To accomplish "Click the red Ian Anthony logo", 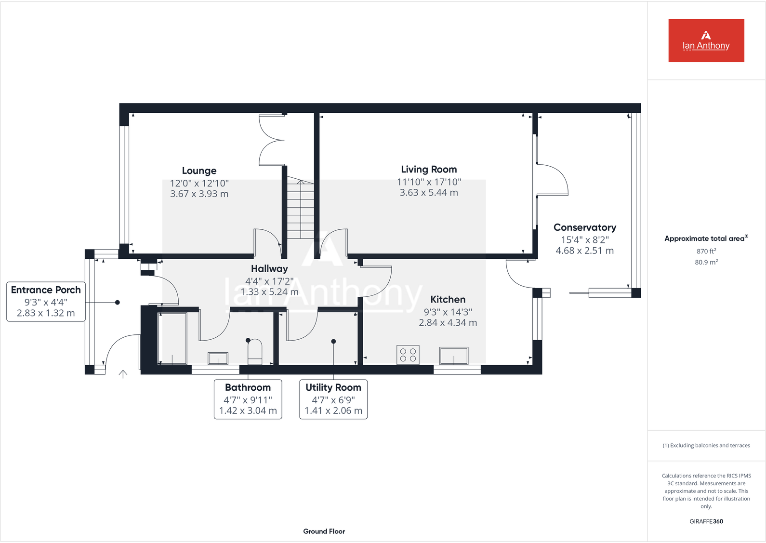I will pyautogui.click(x=706, y=40).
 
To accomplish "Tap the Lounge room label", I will pyautogui.click(x=199, y=171).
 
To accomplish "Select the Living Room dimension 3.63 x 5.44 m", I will pyautogui.click(x=429, y=193).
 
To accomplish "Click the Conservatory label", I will pyautogui.click(x=584, y=227).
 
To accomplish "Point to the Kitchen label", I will pyautogui.click(x=448, y=299).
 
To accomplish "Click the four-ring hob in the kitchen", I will pyautogui.click(x=408, y=355).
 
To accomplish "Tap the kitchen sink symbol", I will pyautogui.click(x=454, y=356).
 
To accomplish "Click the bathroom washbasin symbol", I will pyautogui.click(x=218, y=358).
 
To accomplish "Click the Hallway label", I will pyautogui.click(x=269, y=269).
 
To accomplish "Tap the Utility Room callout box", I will pyautogui.click(x=333, y=399).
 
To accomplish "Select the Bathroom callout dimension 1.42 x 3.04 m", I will pyautogui.click(x=248, y=411).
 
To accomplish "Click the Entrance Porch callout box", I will pyautogui.click(x=46, y=302).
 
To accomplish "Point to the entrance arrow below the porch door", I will pyautogui.click(x=123, y=374).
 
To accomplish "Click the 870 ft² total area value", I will pyautogui.click(x=706, y=251).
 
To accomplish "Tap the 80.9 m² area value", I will pyautogui.click(x=706, y=262).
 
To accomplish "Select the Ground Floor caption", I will pyautogui.click(x=324, y=531).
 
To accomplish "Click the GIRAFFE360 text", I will pyautogui.click(x=706, y=521).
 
